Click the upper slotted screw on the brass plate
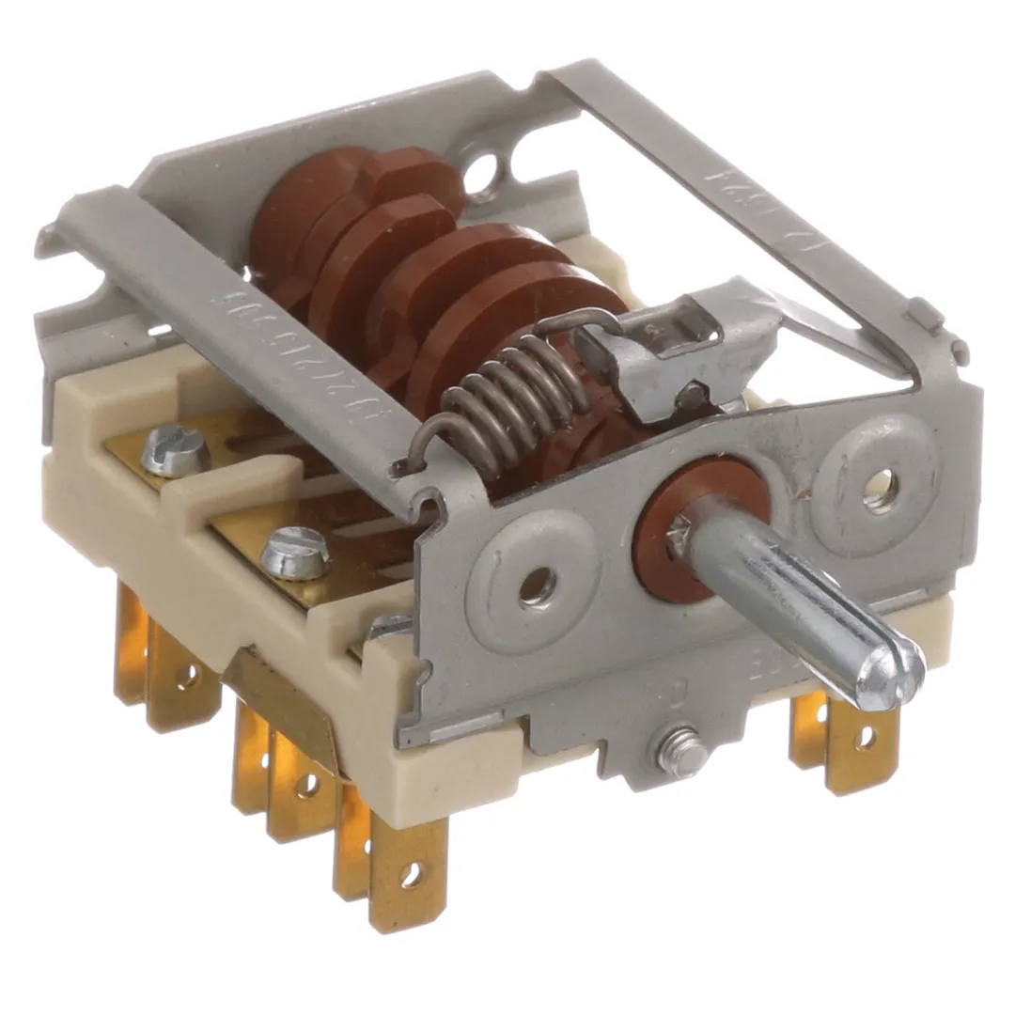[x=173, y=456]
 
